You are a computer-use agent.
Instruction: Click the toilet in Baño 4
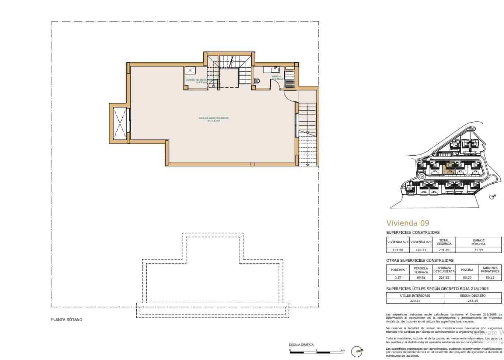[x=257, y=81]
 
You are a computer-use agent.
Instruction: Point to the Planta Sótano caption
[x=67, y=320]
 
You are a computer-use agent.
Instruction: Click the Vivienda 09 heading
[x=407, y=223]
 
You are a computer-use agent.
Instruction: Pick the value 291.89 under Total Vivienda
[x=444, y=250]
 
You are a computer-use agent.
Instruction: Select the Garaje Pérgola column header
[x=478, y=242]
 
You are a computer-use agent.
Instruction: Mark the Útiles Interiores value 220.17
[x=415, y=300]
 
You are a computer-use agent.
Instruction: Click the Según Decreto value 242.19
[x=473, y=300]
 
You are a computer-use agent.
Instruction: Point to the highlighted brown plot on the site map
[x=449, y=167]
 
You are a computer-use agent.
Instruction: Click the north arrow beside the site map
[x=492, y=197]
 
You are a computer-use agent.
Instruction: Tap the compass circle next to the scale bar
[x=357, y=352]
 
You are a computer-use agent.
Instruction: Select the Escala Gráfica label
[x=301, y=345]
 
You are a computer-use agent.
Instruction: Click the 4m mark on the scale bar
[x=343, y=350]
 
